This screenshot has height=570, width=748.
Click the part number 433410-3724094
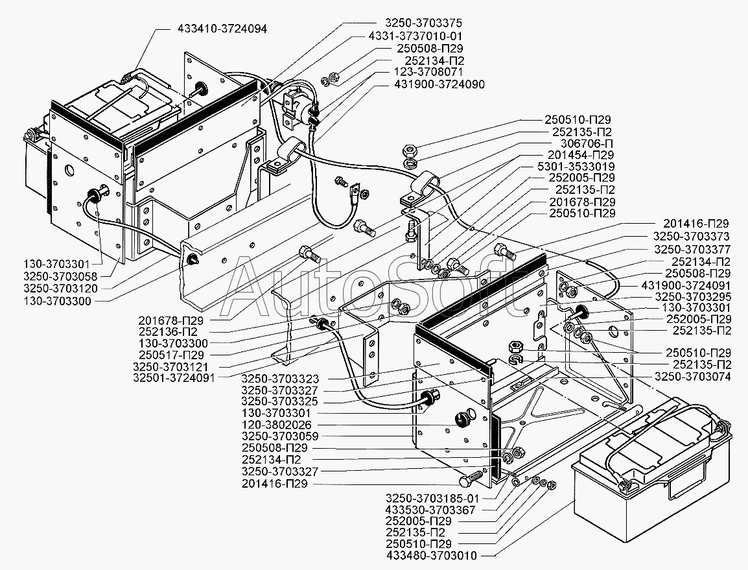[222, 29]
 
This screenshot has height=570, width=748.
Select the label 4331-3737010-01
[415, 36]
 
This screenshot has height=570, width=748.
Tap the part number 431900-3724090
[439, 84]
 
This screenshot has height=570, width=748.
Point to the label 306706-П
[583, 144]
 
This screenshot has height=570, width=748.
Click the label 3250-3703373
[691, 236]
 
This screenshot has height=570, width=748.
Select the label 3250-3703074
[692, 376]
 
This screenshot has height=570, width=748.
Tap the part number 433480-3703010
[431, 555]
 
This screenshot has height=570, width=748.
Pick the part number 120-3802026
[276, 425]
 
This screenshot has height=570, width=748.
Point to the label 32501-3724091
[174, 377]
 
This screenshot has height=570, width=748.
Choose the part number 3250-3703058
[60, 276]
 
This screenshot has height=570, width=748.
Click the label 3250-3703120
[60, 289]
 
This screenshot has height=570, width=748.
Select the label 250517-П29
[171, 355]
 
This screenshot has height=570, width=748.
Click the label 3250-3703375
[423, 23]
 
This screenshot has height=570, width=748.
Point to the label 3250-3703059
[279, 436]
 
